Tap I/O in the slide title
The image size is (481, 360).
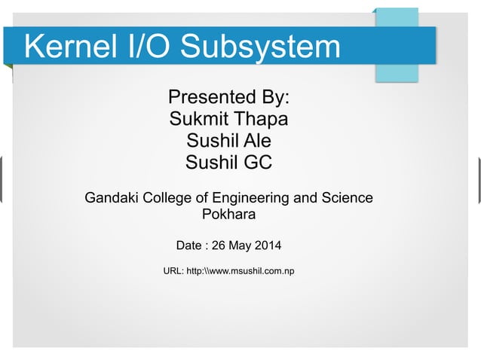click(x=150, y=47)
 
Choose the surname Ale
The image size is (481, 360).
click(x=256, y=141)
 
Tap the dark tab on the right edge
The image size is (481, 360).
click(x=478, y=180)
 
